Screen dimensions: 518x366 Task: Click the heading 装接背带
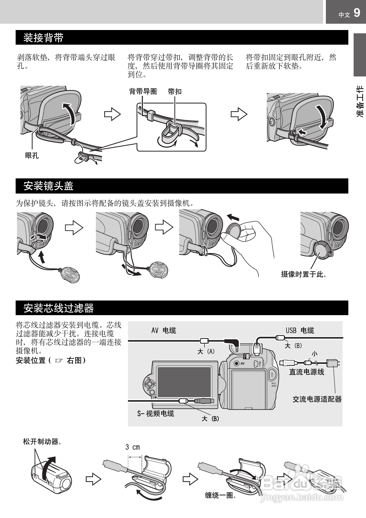(43, 38)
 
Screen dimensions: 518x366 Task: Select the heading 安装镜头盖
(48, 186)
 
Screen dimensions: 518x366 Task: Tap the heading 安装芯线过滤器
(58, 308)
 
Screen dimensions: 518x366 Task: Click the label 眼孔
(32, 156)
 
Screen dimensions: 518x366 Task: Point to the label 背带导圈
(143, 92)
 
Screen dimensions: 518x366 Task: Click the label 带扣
(175, 92)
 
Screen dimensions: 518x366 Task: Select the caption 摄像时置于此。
(304, 274)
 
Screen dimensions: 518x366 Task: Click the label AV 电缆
(164, 331)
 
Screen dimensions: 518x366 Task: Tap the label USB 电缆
(300, 330)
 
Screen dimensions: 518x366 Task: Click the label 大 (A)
(206, 351)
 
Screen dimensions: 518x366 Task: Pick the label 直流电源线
(306, 372)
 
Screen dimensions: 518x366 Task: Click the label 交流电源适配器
(317, 399)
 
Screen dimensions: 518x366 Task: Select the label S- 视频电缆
(155, 413)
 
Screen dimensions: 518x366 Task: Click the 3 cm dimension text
(133, 447)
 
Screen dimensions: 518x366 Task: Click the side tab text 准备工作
(360, 101)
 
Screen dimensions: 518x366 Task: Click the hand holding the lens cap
(252, 240)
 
